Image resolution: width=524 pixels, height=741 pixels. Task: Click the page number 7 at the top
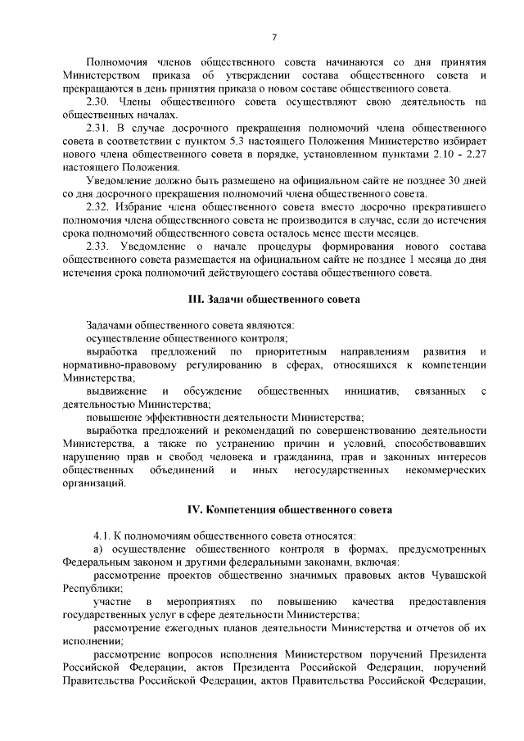[x=274, y=37]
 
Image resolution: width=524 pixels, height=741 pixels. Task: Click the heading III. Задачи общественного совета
[x=274, y=300]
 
